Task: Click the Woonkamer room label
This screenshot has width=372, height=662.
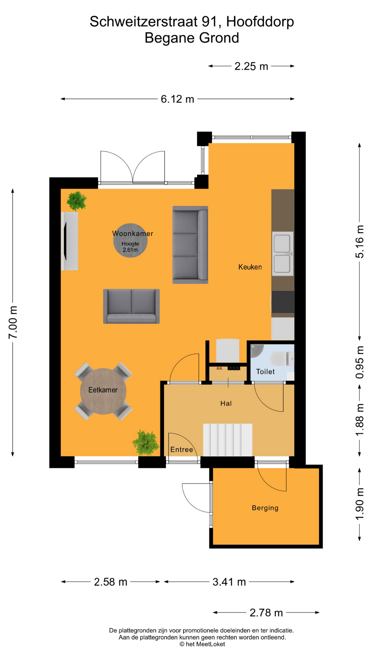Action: pyautogui.click(x=133, y=233)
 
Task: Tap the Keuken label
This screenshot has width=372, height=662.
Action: pyautogui.click(x=250, y=267)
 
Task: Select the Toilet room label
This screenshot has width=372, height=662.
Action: pyautogui.click(x=265, y=372)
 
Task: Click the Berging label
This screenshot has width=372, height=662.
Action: pyautogui.click(x=265, y=508)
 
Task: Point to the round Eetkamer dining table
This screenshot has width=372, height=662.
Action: pyautogui.click(x=103, y=391)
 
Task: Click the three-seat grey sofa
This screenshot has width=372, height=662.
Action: pyautogui.click(x=190, y=245)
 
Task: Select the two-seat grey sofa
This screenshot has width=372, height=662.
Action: pyautogui.click(x=131, y=306)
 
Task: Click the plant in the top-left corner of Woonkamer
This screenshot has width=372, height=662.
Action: pyautogui.click(x=76, y=201)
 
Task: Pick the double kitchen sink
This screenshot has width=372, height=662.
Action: pyautogui.click(x=282, y=253)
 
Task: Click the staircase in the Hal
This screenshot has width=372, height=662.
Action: pyautogui.click(x=227, y=440)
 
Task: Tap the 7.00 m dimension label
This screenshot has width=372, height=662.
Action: pyautogui.click(x=13, y=322)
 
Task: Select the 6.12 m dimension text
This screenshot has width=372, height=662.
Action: pyautogui.click(x=177, y=99)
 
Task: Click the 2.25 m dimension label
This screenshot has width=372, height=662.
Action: pyautogui.click(x=251, y=66)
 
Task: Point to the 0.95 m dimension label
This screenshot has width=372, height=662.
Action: pyautogui.click(x=360, y=362)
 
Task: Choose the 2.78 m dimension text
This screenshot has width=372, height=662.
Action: pyautogui.click(x=266, y=613)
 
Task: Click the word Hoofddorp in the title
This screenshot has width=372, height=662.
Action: pyautogui.click(x=260, y=22)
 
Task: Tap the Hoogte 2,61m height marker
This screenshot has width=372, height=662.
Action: pyautogui.click(x=130, y=247)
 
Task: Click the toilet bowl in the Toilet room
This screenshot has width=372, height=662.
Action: pyautogui.click(x=281, y=359)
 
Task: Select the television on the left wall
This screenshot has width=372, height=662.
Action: pyautogui.click(x=65, y=241)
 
